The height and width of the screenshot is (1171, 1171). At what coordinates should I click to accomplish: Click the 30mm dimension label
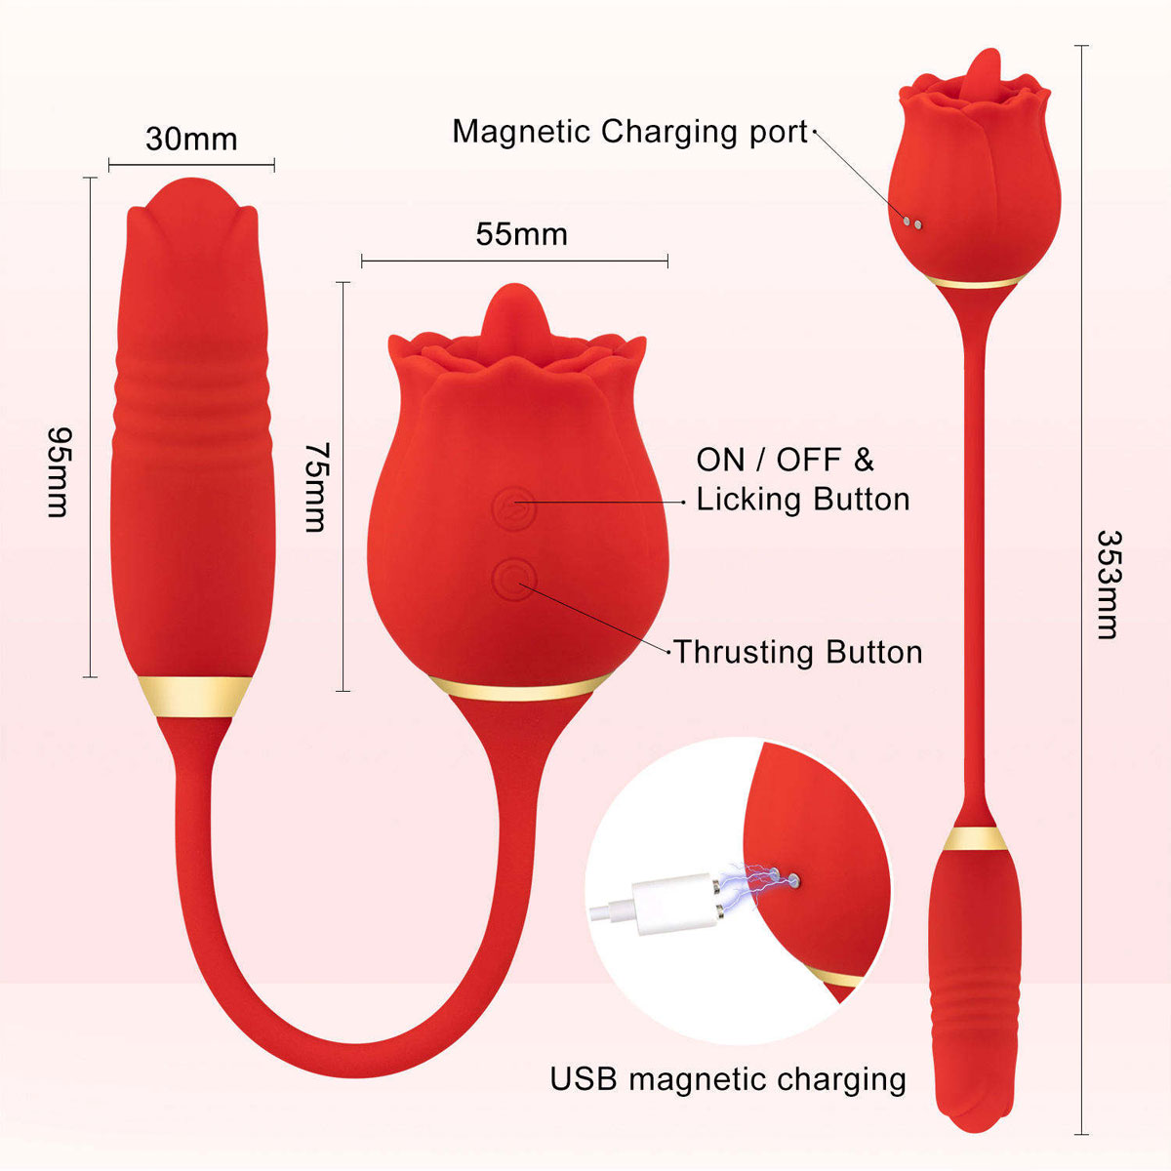(191, 140)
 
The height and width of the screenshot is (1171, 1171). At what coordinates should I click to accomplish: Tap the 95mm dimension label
(60, 472)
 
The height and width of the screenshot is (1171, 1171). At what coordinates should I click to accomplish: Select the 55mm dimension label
(521, 234)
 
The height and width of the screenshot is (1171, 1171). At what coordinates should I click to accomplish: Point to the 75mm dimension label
(316, 487)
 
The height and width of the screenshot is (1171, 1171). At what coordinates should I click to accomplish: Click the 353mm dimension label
(1109, 585)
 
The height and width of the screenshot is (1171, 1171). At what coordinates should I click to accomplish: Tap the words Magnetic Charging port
(630, 132)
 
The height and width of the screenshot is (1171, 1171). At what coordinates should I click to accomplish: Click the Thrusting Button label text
(798, 652)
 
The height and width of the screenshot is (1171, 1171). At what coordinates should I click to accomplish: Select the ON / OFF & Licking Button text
(803, 479)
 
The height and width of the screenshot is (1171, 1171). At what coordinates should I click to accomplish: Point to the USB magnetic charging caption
(728, 1080)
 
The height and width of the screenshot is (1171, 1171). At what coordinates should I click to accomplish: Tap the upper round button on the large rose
(514, 508)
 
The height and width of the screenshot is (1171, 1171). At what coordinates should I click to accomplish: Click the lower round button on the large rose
(514, 580)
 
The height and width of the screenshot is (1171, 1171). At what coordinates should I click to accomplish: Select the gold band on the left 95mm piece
(194, 697)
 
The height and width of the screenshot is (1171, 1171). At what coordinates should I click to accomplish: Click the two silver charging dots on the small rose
(912, 223)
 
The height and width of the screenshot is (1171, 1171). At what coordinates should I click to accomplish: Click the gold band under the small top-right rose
(975, 281)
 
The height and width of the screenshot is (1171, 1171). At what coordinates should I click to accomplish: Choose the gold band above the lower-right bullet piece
(975, 838)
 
